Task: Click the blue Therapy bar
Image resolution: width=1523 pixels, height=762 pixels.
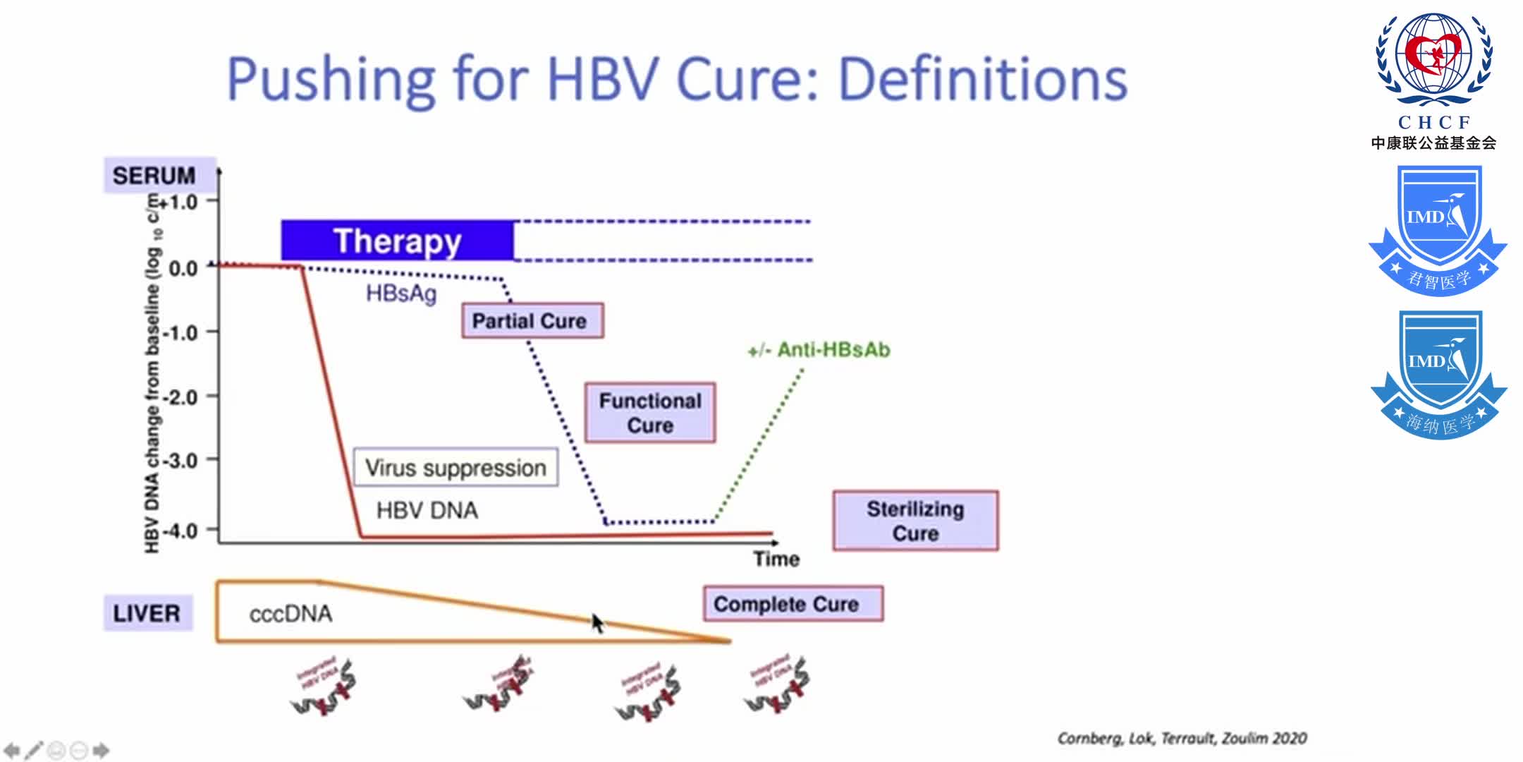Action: point(397,241)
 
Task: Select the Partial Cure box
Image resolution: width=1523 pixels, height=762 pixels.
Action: point(532,321)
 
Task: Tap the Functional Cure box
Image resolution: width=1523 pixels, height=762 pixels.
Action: point(650,413)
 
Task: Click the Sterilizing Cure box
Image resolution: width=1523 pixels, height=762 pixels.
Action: point(915,521)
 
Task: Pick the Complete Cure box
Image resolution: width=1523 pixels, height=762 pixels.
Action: point(793,604)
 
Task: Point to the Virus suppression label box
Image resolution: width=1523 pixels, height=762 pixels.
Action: point(455,467)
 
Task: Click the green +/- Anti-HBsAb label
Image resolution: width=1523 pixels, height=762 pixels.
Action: point(819,350)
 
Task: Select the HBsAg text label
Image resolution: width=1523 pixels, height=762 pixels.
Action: point(400,293)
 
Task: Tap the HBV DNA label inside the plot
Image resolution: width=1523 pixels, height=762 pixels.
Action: point(427,510)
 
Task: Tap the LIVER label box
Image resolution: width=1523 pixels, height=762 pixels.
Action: point(147,613)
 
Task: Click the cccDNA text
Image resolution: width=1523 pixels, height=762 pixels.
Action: point(290,614)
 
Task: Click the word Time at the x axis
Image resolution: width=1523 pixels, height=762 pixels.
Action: point(776,559)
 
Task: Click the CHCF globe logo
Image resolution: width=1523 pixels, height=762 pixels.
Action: point(1434,60)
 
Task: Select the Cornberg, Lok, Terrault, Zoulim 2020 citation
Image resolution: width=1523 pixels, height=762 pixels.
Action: point(1182,738)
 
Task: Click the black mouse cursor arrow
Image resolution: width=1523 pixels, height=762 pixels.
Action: point(597,622)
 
